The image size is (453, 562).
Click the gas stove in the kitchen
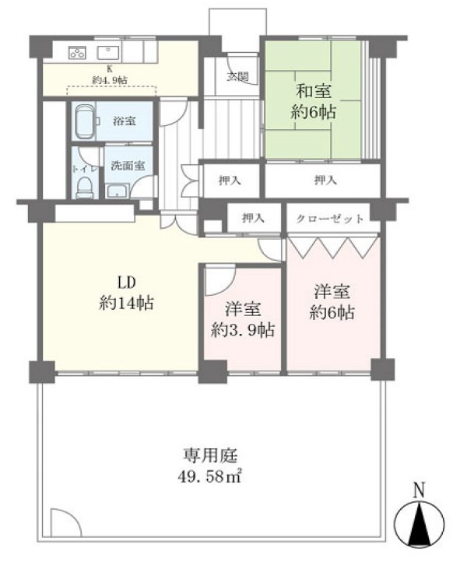point(77,53)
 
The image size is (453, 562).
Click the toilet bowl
point(85,188)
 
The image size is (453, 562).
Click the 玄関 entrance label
point(238,76)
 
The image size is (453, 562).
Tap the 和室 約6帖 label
point(313,101)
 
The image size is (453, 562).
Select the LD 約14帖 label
point(127,293)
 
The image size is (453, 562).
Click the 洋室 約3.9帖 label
point(243,319)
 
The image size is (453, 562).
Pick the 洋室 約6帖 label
point(332,302)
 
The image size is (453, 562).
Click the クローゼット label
point(330,218)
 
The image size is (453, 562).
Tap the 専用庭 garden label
point(210,455)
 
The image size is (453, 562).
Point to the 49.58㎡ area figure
point(209,476)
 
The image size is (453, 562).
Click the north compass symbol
point(419,522)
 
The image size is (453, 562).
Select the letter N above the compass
point(419,490)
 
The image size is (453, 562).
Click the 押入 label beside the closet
point(254,217)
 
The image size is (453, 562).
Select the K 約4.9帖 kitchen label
point(110,75)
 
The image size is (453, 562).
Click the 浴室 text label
point(125,121)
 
